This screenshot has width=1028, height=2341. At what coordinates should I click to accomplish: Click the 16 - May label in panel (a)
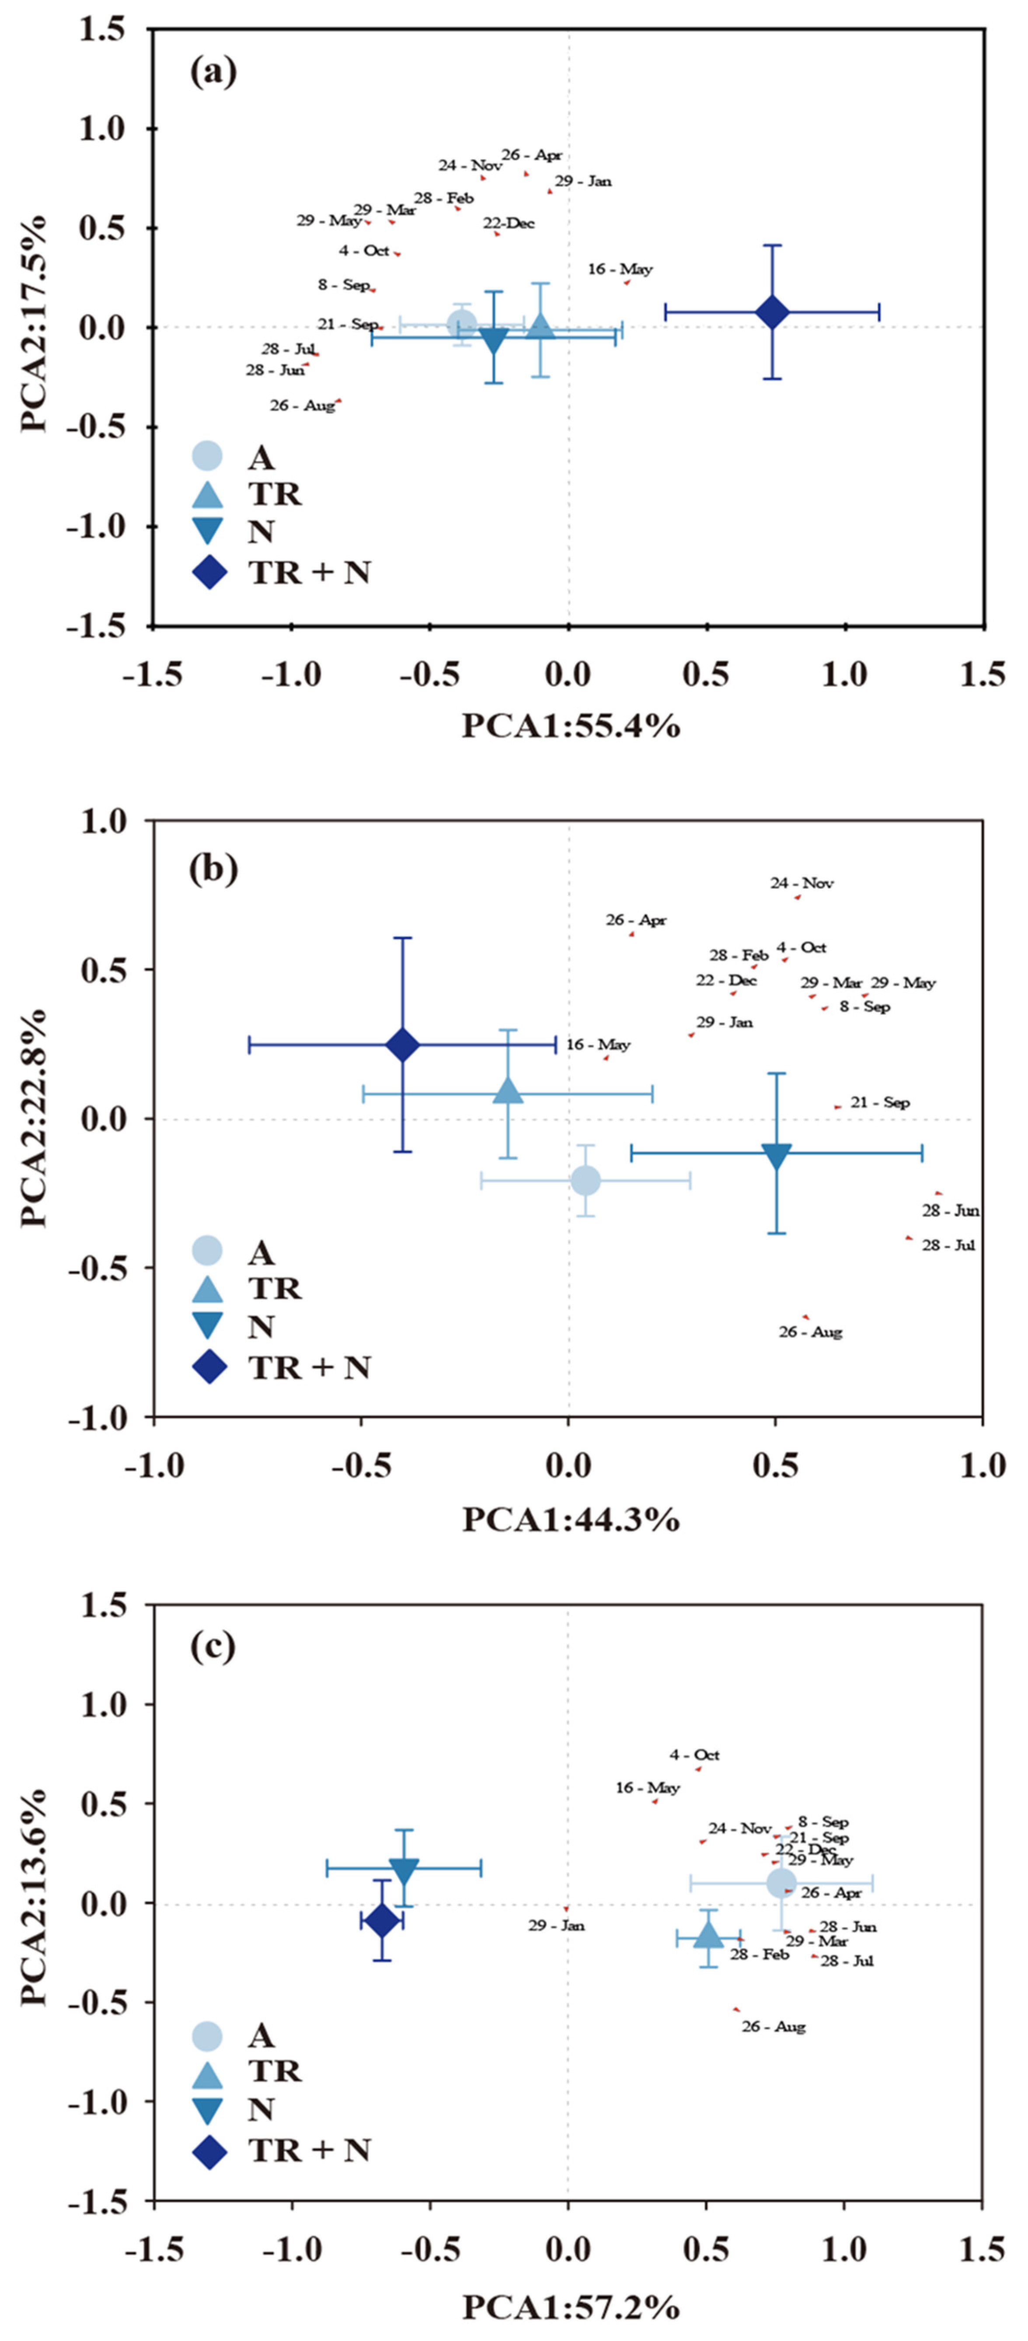coord(620,269)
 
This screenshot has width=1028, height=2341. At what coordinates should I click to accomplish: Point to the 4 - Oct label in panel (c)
coord(694,1755)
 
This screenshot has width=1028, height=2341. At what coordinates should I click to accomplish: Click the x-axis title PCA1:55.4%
coord(571,725)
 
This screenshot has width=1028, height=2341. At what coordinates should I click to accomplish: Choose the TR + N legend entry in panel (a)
coord(282,572)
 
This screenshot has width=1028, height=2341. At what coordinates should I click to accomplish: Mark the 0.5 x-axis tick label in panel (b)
coord(775,1464)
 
